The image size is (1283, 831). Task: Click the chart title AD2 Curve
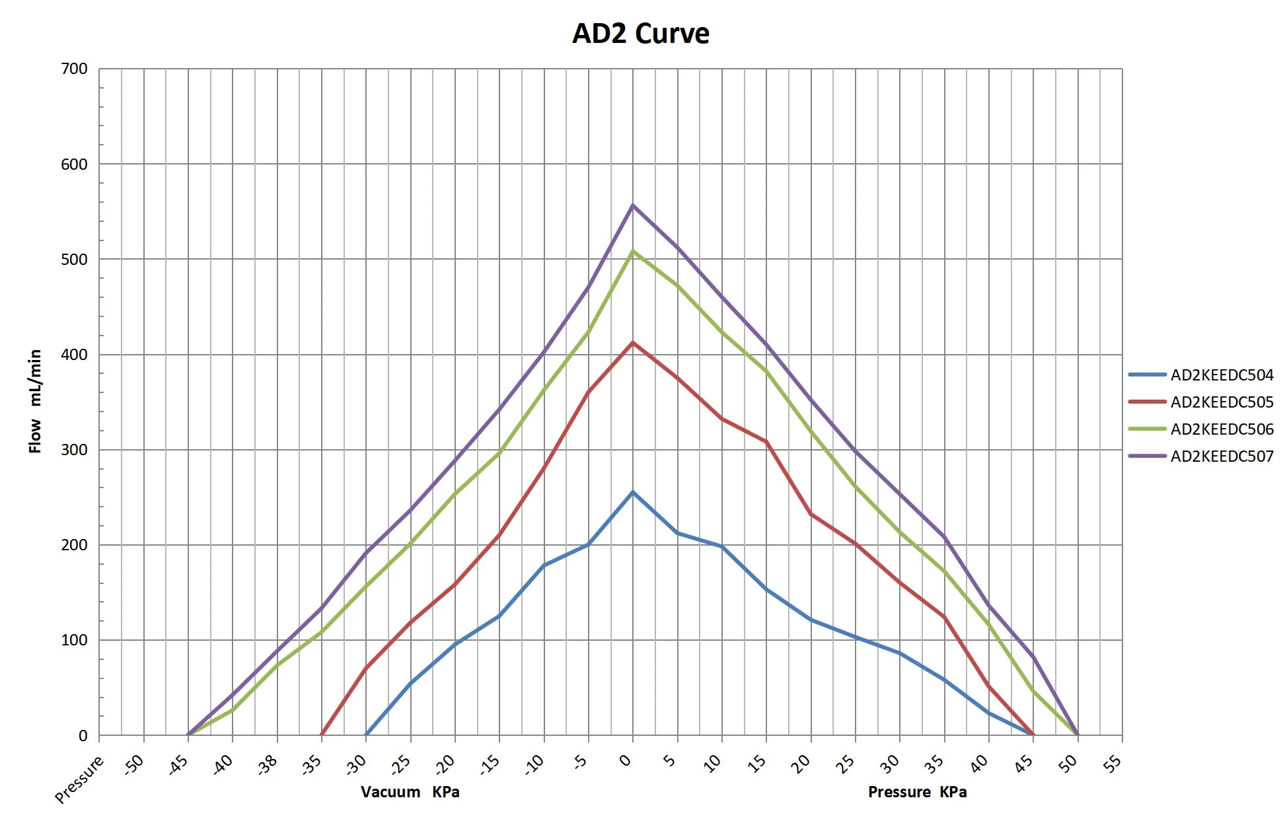641,33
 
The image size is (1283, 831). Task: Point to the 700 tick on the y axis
74,69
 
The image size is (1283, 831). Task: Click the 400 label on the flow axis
74,355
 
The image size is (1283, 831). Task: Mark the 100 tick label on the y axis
74,640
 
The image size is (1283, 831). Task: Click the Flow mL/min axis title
35,402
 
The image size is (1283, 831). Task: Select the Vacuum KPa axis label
410,792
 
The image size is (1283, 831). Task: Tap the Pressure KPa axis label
918,792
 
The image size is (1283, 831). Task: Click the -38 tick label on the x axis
268,764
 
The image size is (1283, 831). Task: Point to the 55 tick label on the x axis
1113,764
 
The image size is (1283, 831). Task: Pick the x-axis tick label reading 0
626,760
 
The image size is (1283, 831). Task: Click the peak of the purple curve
633,205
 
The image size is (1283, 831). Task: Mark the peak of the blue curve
633,492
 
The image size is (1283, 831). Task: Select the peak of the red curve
633,342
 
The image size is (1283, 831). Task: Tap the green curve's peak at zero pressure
633,251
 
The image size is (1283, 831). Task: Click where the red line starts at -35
322,735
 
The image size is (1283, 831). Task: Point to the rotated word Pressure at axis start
79,779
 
